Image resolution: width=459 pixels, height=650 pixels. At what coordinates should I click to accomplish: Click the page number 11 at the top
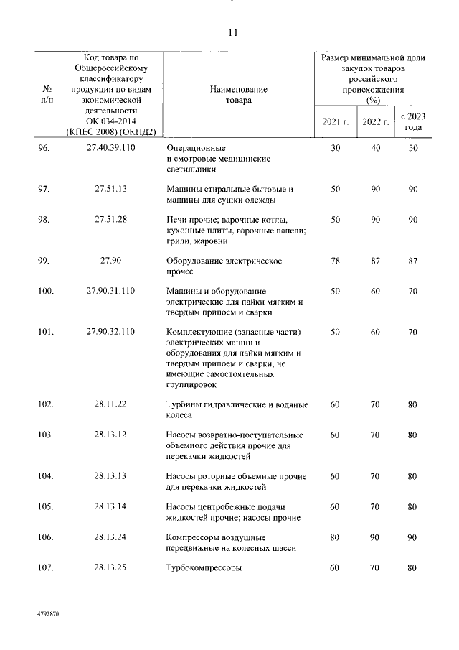click(x=232, y=33)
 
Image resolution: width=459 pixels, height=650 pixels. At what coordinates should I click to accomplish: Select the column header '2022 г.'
click(x=375, y=121)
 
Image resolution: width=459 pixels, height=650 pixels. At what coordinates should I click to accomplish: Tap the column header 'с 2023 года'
click(x=412, y=121)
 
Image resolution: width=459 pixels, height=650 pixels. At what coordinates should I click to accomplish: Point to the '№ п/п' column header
click(x=47, y=95)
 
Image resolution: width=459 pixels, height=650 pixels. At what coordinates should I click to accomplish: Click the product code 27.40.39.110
click(x=110, y=147)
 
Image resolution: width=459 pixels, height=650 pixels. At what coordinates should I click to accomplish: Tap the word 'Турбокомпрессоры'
click(x=204, y=567)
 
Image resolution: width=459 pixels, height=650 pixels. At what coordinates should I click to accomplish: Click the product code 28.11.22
click(x=110, y=404)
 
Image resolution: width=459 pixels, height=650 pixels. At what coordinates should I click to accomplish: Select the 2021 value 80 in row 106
click(x=335, y=537)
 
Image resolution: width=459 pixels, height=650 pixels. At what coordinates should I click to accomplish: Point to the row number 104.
click(x=46, y=475)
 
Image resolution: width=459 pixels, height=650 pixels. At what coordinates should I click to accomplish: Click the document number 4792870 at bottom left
click(x=49, y=616)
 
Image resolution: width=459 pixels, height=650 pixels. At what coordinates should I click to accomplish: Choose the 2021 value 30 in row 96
click(x=335, y=147)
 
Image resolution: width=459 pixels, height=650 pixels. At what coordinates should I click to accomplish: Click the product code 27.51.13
click(x=110, y=189)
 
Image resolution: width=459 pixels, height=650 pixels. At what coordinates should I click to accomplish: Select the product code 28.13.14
click(x=110, y=506)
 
